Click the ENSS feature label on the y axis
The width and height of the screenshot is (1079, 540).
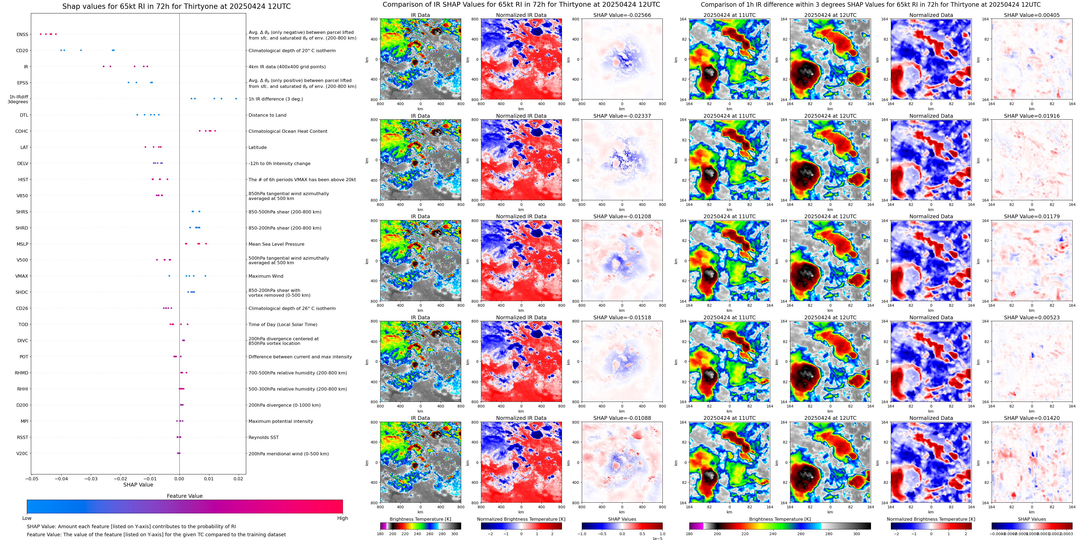pos(22,34)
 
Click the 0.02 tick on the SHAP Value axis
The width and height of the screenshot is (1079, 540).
pos(238,478)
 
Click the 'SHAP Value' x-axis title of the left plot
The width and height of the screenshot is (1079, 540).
pos(138,485)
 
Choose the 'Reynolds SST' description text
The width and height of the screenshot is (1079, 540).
pos(263,437)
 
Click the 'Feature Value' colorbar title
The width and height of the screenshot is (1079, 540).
pos(184,496)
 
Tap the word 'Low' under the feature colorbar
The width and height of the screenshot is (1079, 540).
pos(27,518)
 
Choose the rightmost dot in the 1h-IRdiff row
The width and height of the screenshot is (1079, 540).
pos(236,99)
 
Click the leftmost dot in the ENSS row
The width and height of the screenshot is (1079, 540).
pos(40,34)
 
